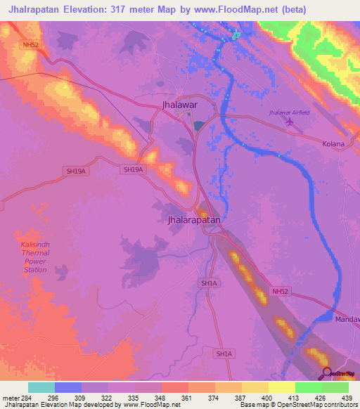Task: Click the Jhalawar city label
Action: coord(178,106)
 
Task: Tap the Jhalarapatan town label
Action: coord(195,220)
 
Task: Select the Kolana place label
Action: coord(333,144)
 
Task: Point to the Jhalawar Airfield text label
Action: coord(289,112)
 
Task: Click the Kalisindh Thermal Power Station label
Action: coord(35,257)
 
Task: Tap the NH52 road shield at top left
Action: coord(29,44)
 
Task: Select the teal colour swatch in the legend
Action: coord(41,387)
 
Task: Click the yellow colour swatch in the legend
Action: coord(281,387)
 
